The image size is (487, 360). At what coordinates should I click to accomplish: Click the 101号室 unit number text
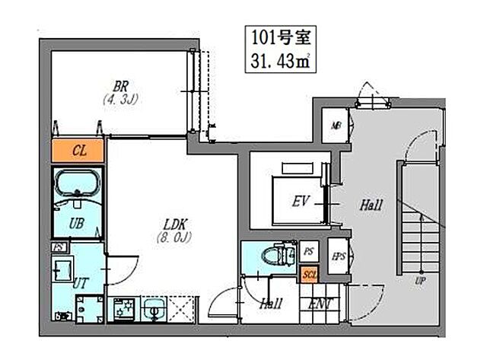[275, 36]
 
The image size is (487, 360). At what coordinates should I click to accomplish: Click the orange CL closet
[79, 150]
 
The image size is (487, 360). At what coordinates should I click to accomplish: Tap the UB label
[76, 224]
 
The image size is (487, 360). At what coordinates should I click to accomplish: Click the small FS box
[58, 247]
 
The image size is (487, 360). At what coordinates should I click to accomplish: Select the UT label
[80, 282]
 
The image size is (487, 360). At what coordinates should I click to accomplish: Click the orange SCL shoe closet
[308, 274]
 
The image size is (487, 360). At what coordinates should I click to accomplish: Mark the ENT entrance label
[320, 304]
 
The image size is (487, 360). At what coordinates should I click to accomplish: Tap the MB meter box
[335, 126]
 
